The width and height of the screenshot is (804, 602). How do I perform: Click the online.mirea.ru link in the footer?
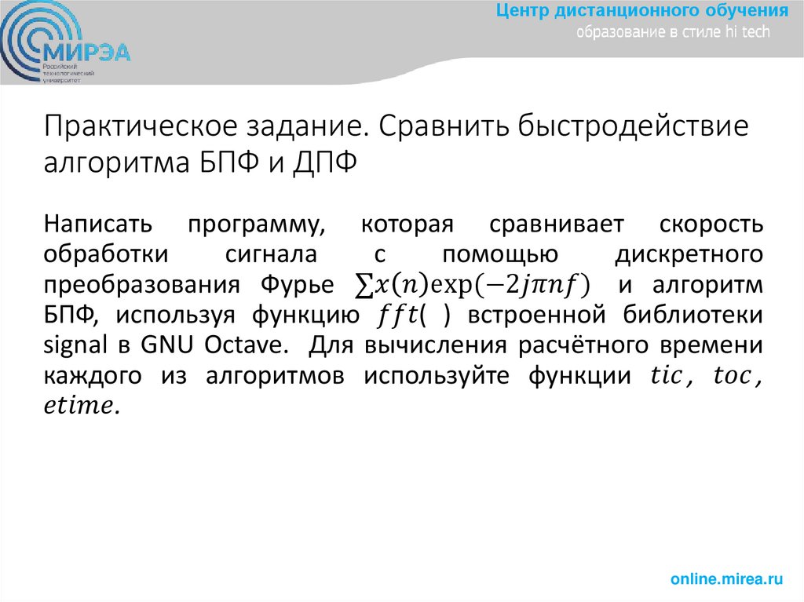tap(726, 579)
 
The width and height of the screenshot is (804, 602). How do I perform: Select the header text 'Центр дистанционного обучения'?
tap(642, 11)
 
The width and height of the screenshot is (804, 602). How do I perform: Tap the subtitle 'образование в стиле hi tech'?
tap(674, 32)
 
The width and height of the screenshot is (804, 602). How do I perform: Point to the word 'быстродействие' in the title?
tap(639, 127)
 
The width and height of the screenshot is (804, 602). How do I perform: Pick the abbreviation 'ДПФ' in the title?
tap(323, 163)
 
